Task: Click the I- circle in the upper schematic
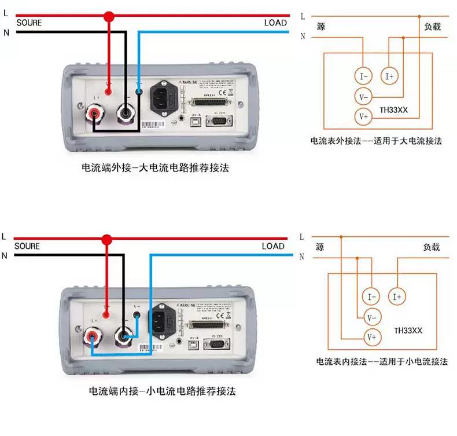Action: coord(363,76)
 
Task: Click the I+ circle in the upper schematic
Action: coord(389,76)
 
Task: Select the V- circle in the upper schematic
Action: coord(363,96)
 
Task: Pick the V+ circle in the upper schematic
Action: coord(363,116)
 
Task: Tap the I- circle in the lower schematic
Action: coord(371,297)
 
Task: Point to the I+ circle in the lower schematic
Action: coord(397,297)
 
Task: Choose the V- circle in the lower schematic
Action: coord(371,317)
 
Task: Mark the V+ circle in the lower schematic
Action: coord(371,337)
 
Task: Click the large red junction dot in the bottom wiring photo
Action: coord(106,239)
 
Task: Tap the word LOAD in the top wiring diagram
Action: coord(275,23)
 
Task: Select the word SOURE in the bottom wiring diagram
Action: coord(27,246)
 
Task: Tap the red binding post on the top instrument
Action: coord(93,113)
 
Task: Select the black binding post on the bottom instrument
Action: coord(123,335)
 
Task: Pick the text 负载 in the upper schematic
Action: coord(432,26)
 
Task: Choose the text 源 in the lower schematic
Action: coord(320,247)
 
